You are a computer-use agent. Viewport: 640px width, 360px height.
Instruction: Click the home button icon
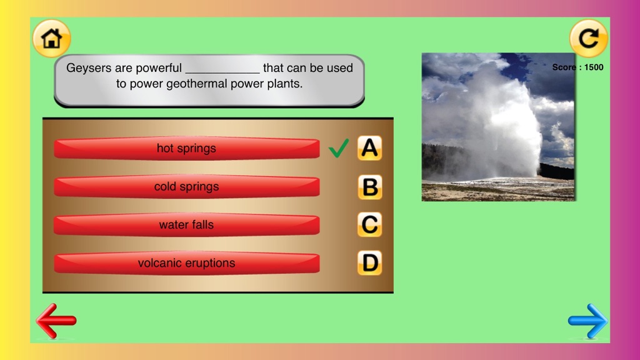(51, 38)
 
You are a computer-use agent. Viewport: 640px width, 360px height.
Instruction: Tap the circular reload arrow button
(588, 38)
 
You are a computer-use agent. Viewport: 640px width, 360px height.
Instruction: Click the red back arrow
(56, 321)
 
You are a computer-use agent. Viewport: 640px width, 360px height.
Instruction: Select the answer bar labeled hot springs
(186, 148)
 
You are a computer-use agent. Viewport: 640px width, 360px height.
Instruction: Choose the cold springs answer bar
(186, 186)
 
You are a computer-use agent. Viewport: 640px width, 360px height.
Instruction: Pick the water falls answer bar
(186, 224)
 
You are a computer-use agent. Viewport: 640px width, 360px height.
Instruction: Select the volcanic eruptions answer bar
(186, 263)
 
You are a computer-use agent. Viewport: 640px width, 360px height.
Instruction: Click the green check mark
(338, 148)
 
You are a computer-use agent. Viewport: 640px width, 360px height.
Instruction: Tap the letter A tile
(370, 147)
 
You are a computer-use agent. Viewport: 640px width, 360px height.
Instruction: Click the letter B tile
(370, 187)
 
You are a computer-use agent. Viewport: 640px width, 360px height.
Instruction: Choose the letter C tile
(370, 224)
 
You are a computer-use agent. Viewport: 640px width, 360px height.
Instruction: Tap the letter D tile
(370, 263)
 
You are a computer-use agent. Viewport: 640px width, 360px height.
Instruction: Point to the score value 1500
(594, 67)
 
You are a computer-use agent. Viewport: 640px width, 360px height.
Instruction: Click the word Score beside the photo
(564, 67)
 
